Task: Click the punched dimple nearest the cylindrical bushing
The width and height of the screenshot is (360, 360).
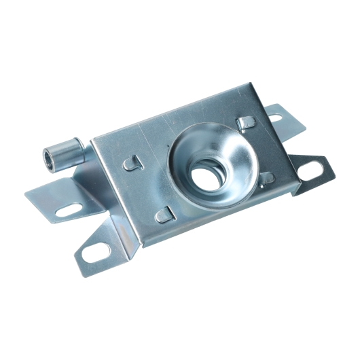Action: click(132, 164)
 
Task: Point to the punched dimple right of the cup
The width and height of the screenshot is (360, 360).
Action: click(267, 179)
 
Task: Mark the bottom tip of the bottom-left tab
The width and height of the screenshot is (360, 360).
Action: click(80, 264)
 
